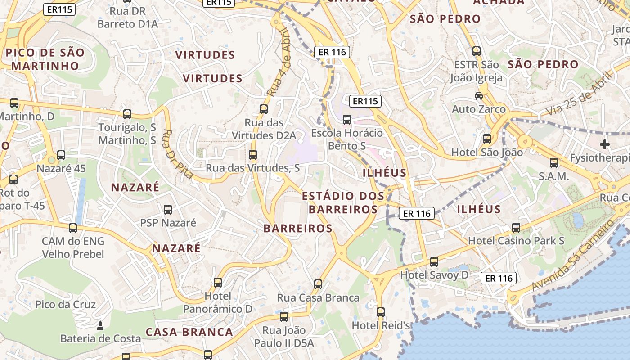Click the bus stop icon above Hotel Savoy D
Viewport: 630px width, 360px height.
tap(434, 261)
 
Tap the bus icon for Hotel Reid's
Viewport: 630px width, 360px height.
tap(381, 312)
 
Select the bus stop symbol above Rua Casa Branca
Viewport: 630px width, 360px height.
tap(318, 284)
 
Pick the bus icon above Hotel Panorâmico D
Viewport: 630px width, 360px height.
tap(218, 283)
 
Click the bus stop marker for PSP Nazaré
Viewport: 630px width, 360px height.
tap(168, 209)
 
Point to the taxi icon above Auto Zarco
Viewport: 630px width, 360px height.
tap(479, 95)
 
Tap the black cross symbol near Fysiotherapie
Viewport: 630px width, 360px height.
tap(605, 144)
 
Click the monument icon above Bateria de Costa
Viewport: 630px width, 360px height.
tap(100, 325)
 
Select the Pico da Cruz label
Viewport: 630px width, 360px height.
tap(66, 305)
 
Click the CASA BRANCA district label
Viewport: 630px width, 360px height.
tap(189, 332)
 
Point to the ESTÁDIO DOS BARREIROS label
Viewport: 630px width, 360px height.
tap(343, 202)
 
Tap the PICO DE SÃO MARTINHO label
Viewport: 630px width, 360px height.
tap(45, 59)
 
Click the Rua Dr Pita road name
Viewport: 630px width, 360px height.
tap(177, 154)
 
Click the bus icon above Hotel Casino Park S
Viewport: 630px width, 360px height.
tap(516, 228)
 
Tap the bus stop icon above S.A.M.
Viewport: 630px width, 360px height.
tap(554, 163)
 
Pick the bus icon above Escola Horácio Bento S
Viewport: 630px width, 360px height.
tap(347, 120)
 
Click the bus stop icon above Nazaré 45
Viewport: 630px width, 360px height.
tap(61, 155)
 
